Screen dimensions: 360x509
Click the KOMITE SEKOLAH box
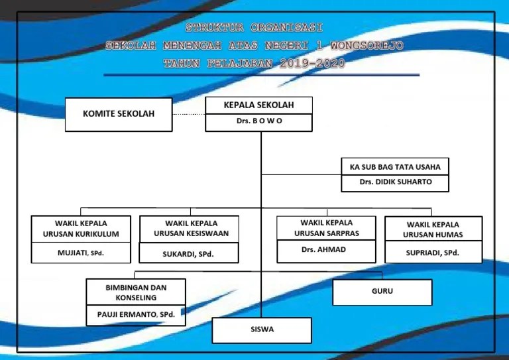(119, 114)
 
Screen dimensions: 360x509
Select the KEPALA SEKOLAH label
(258, 105)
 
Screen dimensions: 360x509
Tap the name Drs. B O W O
(258, 122)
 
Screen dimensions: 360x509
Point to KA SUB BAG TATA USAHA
(395, 166)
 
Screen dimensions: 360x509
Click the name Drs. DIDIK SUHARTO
(395, 182)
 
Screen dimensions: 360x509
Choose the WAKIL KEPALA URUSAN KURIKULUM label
(81, 229)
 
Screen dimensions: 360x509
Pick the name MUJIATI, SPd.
(81, 253)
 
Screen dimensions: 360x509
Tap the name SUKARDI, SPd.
(188, 253)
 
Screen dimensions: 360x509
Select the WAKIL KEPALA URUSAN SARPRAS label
(326, 228)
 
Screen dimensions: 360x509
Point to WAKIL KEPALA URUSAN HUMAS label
(433, 229)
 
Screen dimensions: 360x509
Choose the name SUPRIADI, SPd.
(433, 253)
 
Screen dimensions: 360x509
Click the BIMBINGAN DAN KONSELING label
(136, 293)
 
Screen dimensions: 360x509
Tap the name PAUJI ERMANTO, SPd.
(136, 315)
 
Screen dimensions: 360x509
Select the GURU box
(382, 292)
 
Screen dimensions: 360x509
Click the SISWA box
(261, 330)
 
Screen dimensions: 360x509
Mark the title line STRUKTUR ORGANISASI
(254, 28)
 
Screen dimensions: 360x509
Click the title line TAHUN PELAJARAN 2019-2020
(254, 64)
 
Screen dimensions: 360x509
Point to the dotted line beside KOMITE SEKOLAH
(189, 114)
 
